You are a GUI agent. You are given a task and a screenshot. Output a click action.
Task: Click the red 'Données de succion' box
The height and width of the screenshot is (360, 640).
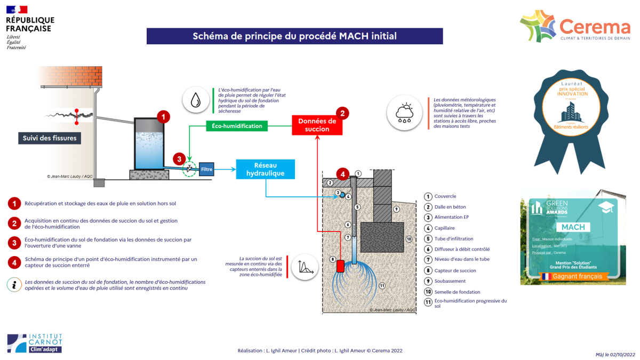317,124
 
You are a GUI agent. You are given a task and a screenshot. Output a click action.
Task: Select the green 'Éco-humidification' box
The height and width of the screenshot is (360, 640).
237,126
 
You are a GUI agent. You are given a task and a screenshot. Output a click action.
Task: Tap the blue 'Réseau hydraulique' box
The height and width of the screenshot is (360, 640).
265,169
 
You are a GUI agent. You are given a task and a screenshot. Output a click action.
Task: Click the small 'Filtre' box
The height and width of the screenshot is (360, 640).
206,170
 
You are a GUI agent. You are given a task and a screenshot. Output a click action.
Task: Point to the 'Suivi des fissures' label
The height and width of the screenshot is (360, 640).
50,138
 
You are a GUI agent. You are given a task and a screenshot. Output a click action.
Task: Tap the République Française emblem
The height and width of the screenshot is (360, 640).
29,27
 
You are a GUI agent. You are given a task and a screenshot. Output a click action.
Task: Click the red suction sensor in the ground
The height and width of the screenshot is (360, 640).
340,265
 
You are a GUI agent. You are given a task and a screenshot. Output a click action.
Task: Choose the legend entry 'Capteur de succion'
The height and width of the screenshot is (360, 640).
453,270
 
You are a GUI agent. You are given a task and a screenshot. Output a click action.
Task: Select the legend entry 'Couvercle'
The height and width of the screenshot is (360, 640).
445,196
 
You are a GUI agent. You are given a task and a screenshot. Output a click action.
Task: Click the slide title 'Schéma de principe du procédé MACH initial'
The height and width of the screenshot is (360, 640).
294,36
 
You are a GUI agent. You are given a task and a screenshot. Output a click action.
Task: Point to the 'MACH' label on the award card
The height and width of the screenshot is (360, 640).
573,227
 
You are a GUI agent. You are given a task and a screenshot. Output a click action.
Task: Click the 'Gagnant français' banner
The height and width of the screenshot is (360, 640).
571,276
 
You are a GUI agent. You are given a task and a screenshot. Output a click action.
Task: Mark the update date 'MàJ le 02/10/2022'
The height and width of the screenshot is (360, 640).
615,354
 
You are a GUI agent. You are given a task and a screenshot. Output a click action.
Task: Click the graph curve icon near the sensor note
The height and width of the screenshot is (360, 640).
305,266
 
